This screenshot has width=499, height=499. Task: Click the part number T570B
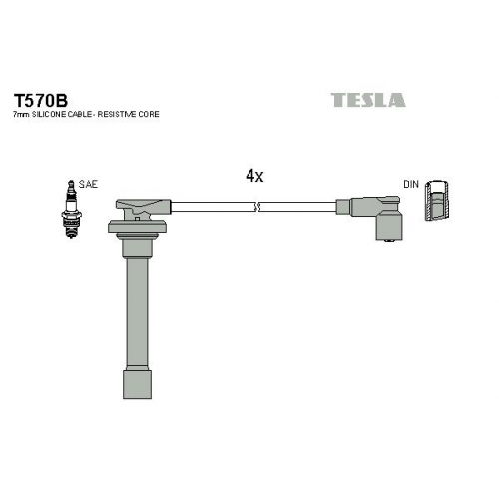(x=41, y=100)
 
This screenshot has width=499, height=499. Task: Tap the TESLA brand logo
(x=368, y=100)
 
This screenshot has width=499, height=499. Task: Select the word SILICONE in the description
(x=46, y=114)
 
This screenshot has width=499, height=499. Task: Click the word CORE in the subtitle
(x=149, y=114)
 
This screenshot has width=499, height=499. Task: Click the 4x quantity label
(x=254, y=176)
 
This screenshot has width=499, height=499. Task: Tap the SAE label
(x=88, y=184)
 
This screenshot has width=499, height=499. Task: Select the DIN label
(x=411, y=184)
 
